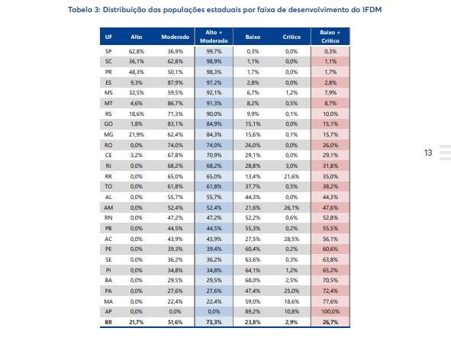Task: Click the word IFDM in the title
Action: point(372,10)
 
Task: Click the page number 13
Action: point(428,153)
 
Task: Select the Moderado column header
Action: point(176,37)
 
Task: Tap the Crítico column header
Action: point(292,37)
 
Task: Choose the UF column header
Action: point(108,37)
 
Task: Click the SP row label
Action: point(108,51)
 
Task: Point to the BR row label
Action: point(108,323)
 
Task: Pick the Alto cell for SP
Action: point(137,51)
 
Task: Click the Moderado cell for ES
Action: point(176,82)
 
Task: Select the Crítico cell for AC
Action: point(292,239)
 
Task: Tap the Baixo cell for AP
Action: point(253,311)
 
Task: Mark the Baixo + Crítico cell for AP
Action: point(330,311)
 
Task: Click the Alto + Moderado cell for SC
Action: point(214,62)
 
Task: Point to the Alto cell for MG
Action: point(137,134)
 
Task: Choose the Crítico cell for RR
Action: point(292,176)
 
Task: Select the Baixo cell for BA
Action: point(253,281)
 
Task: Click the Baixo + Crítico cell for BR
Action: point(330,323)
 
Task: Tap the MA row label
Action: point(108,301)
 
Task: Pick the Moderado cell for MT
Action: point(176,103)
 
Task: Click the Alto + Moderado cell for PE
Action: point(214,249)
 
